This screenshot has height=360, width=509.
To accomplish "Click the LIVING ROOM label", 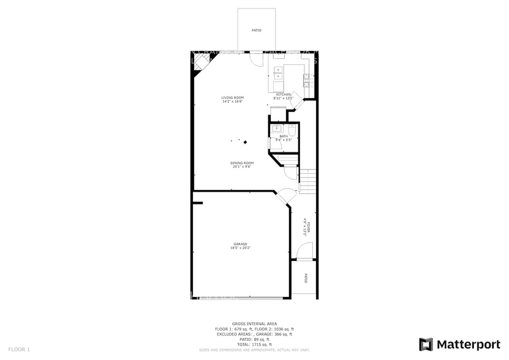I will [233, 97].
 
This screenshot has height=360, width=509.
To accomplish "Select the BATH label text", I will [283, 137].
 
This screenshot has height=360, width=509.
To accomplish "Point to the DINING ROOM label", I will [242, 163].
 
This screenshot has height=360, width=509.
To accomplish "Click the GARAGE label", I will [240, 244].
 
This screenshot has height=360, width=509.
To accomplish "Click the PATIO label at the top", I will [257, 30].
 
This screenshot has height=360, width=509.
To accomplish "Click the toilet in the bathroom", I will [292, 130].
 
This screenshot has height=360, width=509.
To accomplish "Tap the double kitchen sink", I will [277, 73].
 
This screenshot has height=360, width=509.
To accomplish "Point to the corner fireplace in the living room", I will [200, 62].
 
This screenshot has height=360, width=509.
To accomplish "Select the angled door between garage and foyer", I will [285, 197].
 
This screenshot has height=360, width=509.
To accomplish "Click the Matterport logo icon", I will [426, 344].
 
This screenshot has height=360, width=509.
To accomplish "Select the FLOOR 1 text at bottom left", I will [19, 349].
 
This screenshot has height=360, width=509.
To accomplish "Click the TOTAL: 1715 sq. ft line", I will [254, 343].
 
